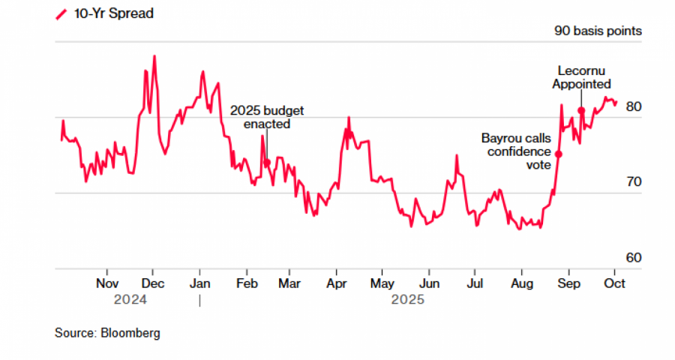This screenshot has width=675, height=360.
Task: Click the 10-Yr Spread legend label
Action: [x=113, y=13]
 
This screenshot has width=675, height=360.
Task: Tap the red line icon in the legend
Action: [x=61, y=14]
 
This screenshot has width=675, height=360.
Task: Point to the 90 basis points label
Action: [x=598, y=31]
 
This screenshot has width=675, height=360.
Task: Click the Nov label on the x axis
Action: [x=107, y=284]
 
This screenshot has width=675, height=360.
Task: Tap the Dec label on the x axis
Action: [x=153, y=284]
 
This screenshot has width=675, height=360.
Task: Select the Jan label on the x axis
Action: [x=199, y=284]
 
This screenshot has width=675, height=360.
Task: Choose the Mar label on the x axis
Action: [x=289, y=284]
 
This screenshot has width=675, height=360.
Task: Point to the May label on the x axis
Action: [x=382, y=284]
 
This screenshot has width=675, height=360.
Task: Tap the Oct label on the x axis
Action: [x=615, y=284]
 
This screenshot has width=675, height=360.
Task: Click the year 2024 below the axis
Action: [x=130, y=300]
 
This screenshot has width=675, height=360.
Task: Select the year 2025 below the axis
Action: [x=408, y=300]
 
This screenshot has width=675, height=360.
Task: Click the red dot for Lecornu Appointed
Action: [x=581, y=111]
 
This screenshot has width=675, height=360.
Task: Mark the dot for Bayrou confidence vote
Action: [x=559, y=154]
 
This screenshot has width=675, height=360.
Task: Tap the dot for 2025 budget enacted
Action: [x=266, y=162]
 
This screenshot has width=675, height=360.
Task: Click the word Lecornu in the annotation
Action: [x=581, y=70]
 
